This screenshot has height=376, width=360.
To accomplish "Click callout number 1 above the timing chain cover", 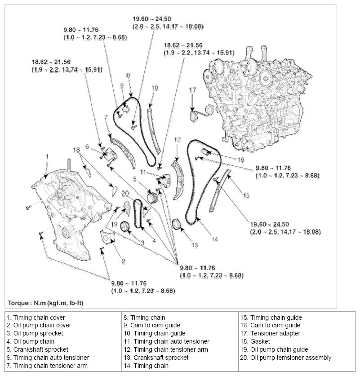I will (46, 156).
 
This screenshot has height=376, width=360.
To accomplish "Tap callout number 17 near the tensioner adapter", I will (192, 91).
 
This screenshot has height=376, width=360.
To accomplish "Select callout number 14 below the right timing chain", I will (215, 240).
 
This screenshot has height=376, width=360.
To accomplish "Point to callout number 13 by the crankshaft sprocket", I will (195, 245).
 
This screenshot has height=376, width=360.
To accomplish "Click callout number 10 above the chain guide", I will (155, 88).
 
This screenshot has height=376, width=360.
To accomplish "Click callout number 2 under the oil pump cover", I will (123, 261).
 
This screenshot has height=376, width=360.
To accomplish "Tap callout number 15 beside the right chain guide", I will (246, 195).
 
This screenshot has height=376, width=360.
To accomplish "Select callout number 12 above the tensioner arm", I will (177, 140).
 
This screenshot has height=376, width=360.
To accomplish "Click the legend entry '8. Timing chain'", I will (144, 317).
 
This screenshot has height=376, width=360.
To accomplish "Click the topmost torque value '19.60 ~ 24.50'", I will (151, 19).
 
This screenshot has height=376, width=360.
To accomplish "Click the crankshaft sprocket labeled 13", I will (177, 223).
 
